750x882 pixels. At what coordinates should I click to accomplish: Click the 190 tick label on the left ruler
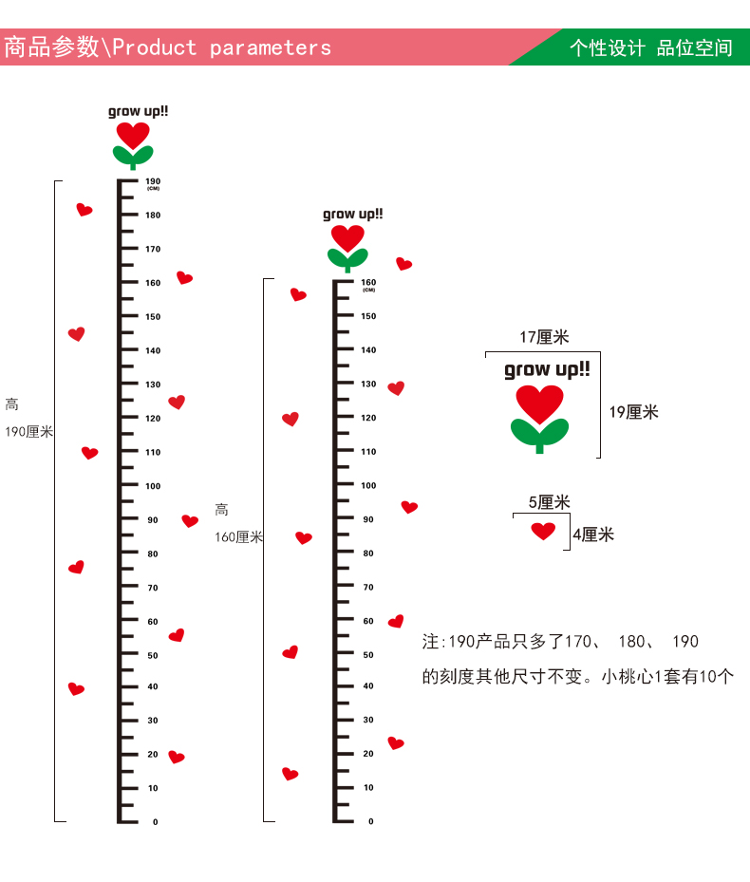(153, 180)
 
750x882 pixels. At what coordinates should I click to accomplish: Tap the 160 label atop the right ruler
(368, 282)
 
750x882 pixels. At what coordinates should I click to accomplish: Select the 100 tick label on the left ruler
(153, 486)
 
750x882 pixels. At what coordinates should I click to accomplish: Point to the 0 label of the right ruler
(371, 821)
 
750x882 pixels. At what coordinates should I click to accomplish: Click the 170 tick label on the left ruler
(153, 249)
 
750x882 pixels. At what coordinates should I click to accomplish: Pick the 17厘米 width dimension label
(544, 337)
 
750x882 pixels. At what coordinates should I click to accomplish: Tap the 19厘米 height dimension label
(633, 412)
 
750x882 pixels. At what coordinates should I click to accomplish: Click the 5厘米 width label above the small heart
(549, 502)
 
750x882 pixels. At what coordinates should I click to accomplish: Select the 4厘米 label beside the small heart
(593, 535)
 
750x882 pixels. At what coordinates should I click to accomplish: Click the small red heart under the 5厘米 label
(543, 531)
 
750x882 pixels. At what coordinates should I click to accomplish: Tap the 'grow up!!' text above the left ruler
(138, 111)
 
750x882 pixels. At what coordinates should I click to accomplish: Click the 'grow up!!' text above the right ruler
(353, 215)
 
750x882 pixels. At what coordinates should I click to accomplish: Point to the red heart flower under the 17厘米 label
(539, 403)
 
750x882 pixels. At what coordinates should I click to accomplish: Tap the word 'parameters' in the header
(271, 47)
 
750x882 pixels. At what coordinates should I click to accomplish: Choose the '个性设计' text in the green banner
(608, 47)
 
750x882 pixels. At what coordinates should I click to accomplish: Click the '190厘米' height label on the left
(28, 432)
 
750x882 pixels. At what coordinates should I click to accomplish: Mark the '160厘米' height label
(238, 537)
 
